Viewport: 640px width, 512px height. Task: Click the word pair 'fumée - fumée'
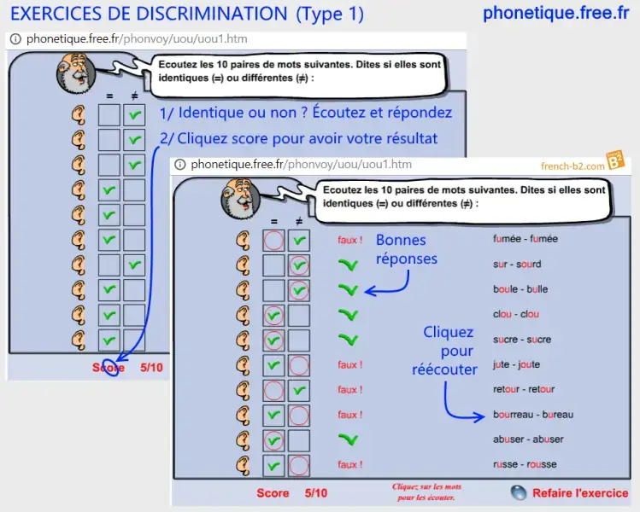click(x=525, y=240)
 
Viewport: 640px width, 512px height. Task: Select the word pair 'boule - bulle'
click(x=520, y=289)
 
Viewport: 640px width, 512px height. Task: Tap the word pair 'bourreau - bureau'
click(x=532, y=415)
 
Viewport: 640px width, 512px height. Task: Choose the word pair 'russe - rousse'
click(x=524, y=465)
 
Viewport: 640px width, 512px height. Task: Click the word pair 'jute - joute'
click(x=516, y=364)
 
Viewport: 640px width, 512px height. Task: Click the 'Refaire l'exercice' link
click(x=579, y=493)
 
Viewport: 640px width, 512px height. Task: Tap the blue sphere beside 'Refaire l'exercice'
click(x=518, y=492)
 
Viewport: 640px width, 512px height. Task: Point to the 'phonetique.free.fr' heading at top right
click(x=555, y=14)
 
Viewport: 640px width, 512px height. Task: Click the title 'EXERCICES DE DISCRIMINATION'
click(x=149, y=15)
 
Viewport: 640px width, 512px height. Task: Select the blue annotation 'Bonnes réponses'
click(x=407, y=249)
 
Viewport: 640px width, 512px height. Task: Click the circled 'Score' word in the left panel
click(x=109, y=368)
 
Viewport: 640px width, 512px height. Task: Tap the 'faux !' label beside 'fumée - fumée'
click(x=349, y=240)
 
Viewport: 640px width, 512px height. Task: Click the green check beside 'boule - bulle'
click(x=348, y=290)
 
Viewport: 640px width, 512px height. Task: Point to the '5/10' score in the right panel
click(x=314, y=493)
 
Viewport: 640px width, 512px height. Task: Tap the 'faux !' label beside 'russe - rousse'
click(x=349, y=465)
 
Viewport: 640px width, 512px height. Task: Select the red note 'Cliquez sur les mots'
click(x=424, y=486)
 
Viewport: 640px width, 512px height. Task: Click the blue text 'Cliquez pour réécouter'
click(x=444, y=351)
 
